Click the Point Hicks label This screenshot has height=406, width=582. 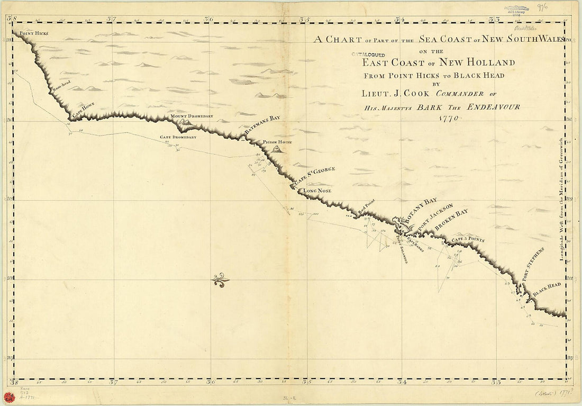coord(34,33)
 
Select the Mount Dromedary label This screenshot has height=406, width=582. coord(192,116)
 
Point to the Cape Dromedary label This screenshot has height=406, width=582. coord(178,137)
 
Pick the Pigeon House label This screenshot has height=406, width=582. coord(278,142)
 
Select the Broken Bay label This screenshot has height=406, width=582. coord(452,219)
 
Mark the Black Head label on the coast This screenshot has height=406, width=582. coord(547,289)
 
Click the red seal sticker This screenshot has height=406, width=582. coord(8,396)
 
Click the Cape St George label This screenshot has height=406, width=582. coord(315,176)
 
